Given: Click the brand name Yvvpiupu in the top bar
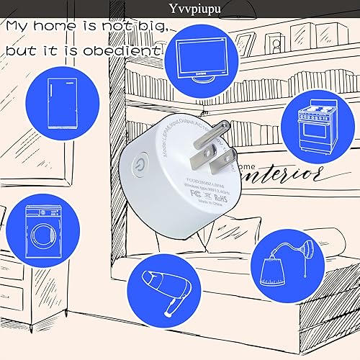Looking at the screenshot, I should (179, 8).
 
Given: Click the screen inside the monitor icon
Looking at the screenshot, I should (202, 49).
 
